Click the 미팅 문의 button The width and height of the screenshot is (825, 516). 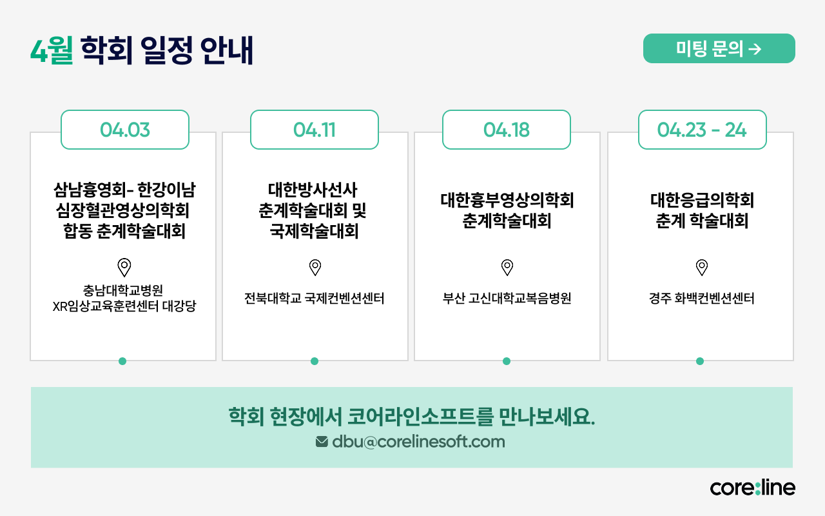tap(719, 48)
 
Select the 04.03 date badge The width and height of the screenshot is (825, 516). tap(125, 130)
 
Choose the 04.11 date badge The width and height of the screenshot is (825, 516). tap(315, 130)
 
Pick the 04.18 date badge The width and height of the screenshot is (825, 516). tap(507, 130)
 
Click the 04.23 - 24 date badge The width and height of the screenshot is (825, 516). tap(702, 130)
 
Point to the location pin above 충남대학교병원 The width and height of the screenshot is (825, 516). tap(124, 267)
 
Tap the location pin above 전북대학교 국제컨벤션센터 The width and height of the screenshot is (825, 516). tap(315, 267)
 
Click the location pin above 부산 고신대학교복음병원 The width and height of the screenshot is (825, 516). tap(507, 267)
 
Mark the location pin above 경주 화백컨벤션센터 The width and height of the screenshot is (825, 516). tap(702, 267)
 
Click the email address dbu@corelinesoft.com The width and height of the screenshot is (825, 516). tap(418, 442)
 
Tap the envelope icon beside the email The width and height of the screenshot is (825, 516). tap(322, 442)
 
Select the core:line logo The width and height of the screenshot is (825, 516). tap(752, 488)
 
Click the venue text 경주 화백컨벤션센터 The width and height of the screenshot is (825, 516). tap(702, 299)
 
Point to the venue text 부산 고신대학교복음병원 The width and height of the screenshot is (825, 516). tap(507, 299)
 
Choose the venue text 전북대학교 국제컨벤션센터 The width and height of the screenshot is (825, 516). tap(315, 299)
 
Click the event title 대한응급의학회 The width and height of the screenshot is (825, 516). tap(702, 200)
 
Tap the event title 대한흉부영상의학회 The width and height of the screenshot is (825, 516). tap(507, 200)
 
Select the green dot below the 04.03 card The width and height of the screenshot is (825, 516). tap(122, 361)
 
